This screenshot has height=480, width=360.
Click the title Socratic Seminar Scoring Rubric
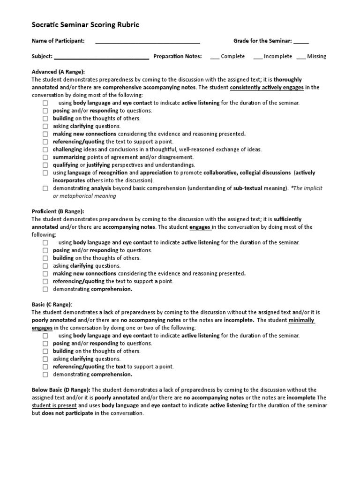pyautogui.click(x=85, y=25)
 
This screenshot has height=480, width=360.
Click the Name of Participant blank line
pyautogui.click(x=148, y=42)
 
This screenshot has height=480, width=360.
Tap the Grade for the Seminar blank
pyautogui.click(x=301, y=42)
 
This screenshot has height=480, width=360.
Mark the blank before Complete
pyautogui.click(x=215, y=57)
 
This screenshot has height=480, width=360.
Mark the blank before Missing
pyautogui.click(x=301, y=57)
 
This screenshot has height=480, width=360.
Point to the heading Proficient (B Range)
pyautogui.click(x=58, y=211)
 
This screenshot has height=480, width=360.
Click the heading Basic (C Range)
pyautogui.click(x=52, y=304)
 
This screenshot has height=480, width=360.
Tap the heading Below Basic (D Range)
pyautogui.click(x=61, y=390)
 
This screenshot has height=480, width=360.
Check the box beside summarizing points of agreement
pyautogui.click(x=45, y=157)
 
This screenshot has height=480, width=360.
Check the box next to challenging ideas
pyautogui.click(x=45, y=150)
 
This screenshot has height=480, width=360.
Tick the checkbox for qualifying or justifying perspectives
pyautogui.click(x=45, y=165)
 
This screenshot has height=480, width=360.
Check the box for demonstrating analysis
pyautogui.click(x=45, y=188)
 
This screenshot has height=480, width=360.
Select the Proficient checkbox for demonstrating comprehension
pyautogui.click(x=45, y=289)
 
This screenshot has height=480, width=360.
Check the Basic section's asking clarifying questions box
pyautogui.click(x=45, y=359)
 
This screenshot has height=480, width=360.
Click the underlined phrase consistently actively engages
pyautogui.click(x=267, y=87)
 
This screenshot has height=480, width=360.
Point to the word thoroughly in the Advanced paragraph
pyautogui.click(x=288, y=80)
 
